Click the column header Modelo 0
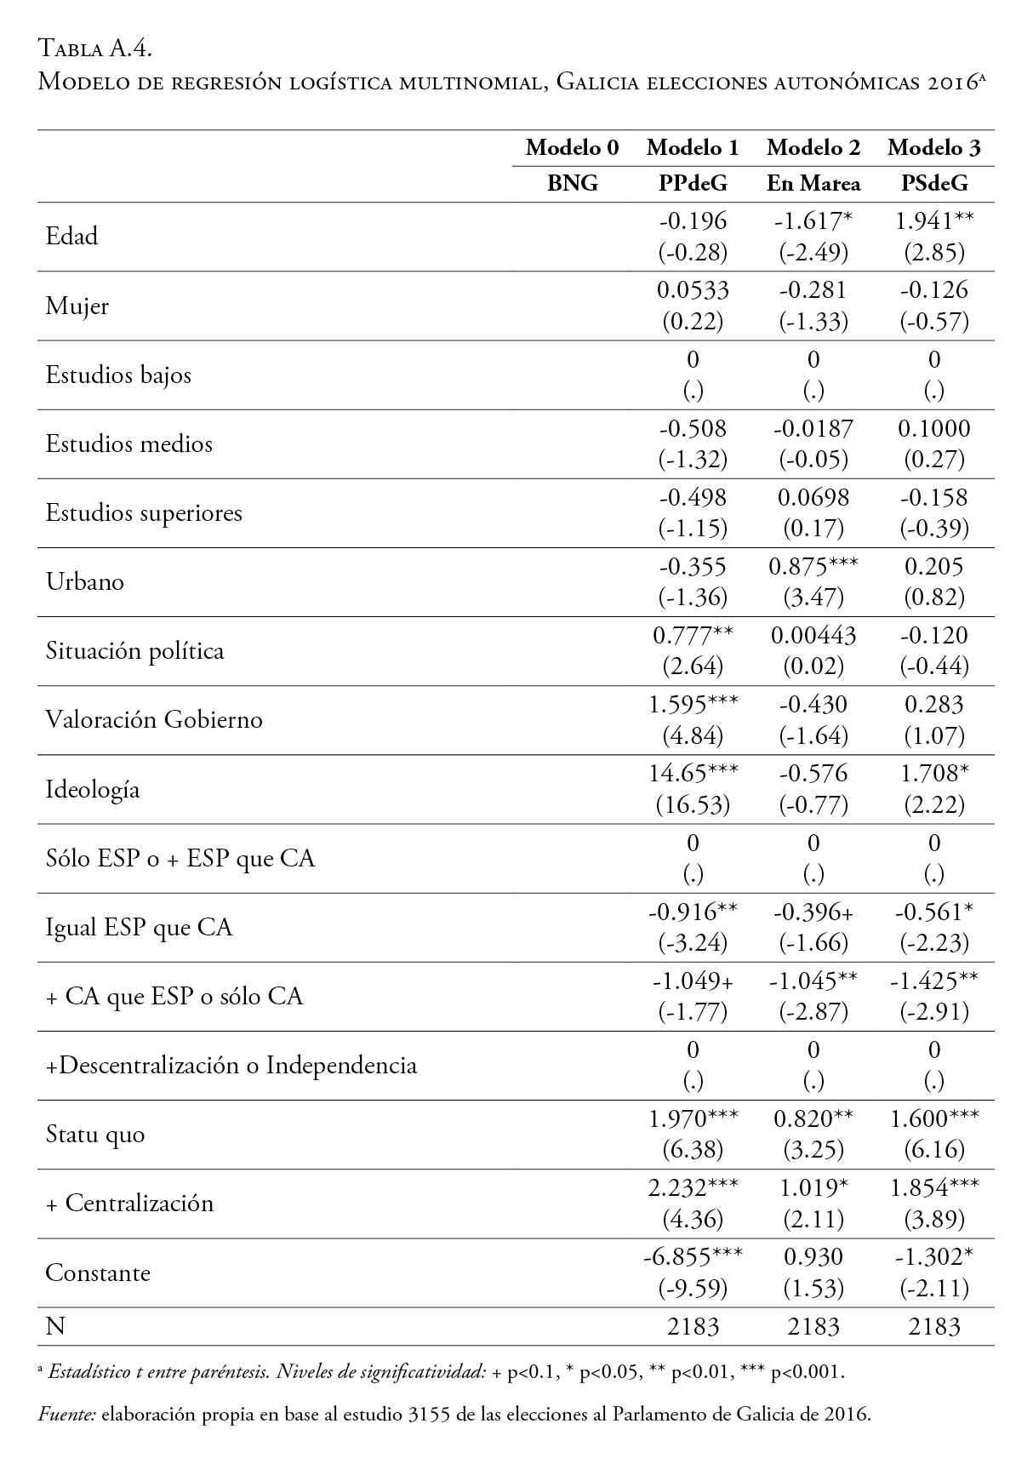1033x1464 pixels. pyautogui.click(x=572, y=148)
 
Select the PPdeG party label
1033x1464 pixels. pyautogui.click(x=693, y=183)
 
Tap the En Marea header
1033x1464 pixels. pyautogui.click(x=813, y=183)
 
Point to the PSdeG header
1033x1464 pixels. pyautogui.click(x=934, y=183)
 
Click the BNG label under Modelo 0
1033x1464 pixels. pyautogui.click(x=572, y=183)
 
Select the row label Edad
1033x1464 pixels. pyautogui.click(x=71, y=236)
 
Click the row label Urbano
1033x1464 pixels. pyautogui.click(x=84, y=582)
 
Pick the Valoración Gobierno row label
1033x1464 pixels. pyautogui.click(x=154, y=720)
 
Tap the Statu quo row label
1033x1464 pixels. pyautogui.click(x=95, y=1135)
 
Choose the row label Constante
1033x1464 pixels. pyautogui.click(x=97, y=1273)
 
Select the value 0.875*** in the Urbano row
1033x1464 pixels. pyautogui.click(x=813, y=566)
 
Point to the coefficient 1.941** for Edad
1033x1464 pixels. pyautogui.click(x=934, y=220)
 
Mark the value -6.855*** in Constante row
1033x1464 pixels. pyautogui.click(x=693, y=1256)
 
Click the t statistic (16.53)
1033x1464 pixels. pyautogui.click(x=693, y=805)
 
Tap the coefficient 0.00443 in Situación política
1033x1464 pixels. pyautogui.click(x=813, y=636)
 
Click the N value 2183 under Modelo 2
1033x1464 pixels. pyautogui.click(x=813, y=1326)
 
